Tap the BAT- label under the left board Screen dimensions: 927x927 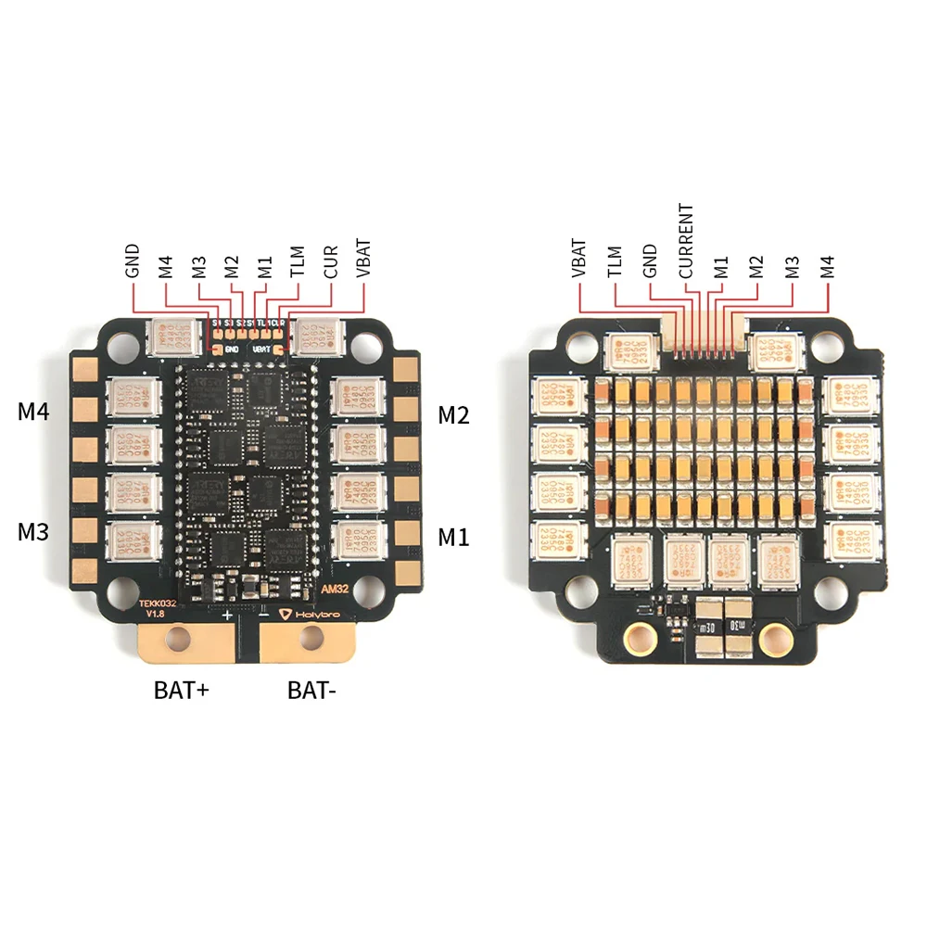tap(311, 690)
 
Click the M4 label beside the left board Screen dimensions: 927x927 tap(33, 412)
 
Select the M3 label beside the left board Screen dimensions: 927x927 tap(33, 532)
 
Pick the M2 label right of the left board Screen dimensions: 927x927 tap(453, 414)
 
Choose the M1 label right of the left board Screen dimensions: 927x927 tap(453, 535)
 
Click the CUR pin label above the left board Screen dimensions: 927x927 tap(331, 261)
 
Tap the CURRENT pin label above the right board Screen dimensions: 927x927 tap(685, 241)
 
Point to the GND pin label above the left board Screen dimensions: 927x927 tap(133, 260)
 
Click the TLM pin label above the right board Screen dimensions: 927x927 tap(615, 261)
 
